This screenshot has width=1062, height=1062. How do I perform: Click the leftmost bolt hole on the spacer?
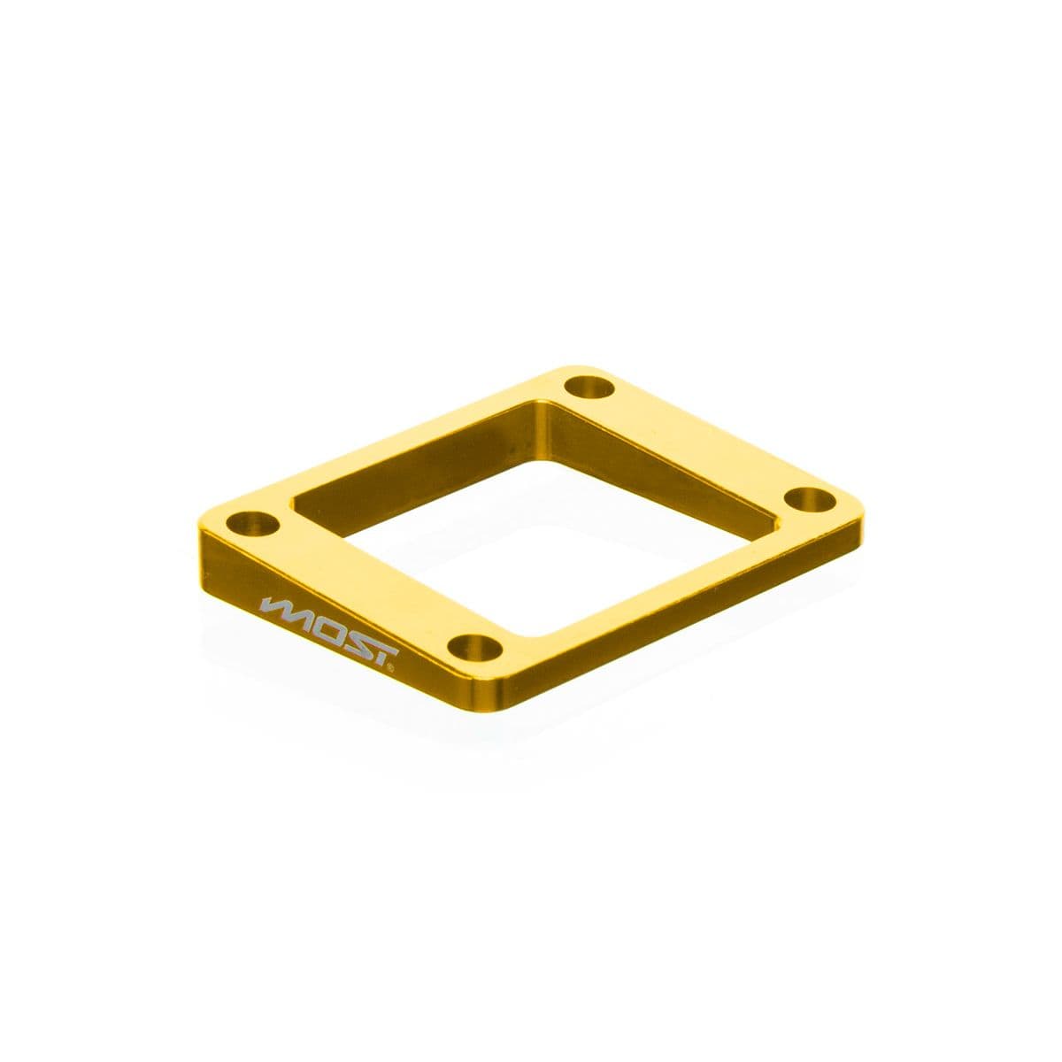point(251,521)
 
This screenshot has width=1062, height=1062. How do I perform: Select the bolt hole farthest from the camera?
point(589,387)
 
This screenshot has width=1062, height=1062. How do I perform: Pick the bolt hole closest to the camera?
point(475,643)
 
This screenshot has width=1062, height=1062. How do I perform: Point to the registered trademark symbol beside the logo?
point(391,670)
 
